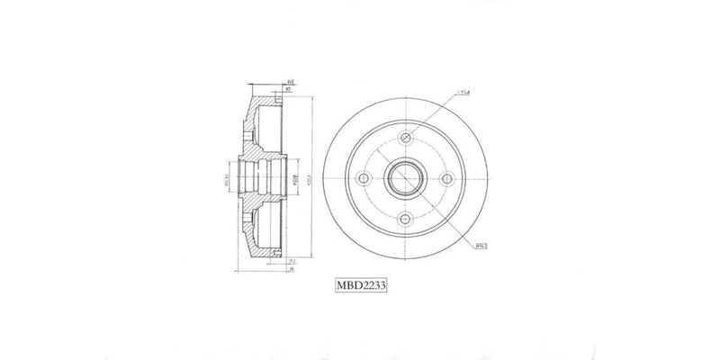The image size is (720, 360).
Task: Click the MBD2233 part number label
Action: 361,283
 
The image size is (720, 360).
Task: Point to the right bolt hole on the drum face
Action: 447,178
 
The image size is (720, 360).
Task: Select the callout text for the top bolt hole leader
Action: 467,92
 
